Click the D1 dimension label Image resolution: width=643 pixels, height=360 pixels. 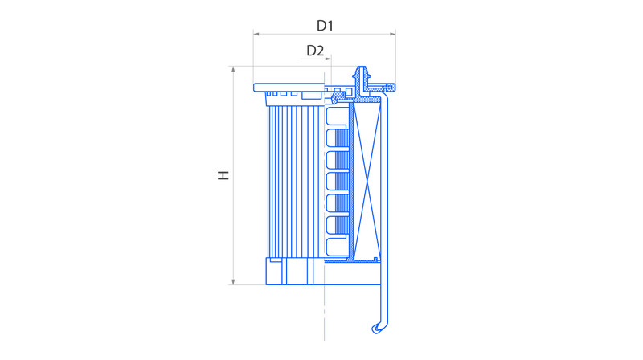(x=325, y=26)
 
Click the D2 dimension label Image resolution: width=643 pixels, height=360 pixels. (x=315, y=51)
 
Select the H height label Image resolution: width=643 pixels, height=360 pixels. (x=223, y=175)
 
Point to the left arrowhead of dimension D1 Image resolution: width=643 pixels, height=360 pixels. (x=256, y=34)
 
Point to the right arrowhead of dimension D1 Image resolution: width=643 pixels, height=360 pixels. (x=393, y=34)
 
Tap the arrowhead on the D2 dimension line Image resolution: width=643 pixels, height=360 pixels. (x=328, y=59)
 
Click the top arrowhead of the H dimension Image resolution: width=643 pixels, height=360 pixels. (x=233, y=69)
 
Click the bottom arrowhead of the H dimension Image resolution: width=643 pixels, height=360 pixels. (x=233, y=282)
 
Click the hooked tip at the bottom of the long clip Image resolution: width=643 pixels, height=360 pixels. (x=377, y=329)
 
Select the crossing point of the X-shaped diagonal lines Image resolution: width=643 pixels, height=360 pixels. (x=367, y=181)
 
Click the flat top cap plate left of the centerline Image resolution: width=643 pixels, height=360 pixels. (x=289, y=88)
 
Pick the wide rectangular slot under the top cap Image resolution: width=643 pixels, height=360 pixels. (x=312, y=96)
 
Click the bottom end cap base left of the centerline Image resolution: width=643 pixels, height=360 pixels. (x=295, y=272)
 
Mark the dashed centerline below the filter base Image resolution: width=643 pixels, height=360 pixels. (x=325, y=313)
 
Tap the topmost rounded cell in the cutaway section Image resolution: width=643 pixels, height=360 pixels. (x=337, y=116)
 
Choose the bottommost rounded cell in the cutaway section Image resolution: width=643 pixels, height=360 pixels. (x=337, y=247)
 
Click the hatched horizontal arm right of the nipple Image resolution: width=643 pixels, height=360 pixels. (x=382, y=87)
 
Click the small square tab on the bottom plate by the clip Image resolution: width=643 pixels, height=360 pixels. (x=375, y=259)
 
